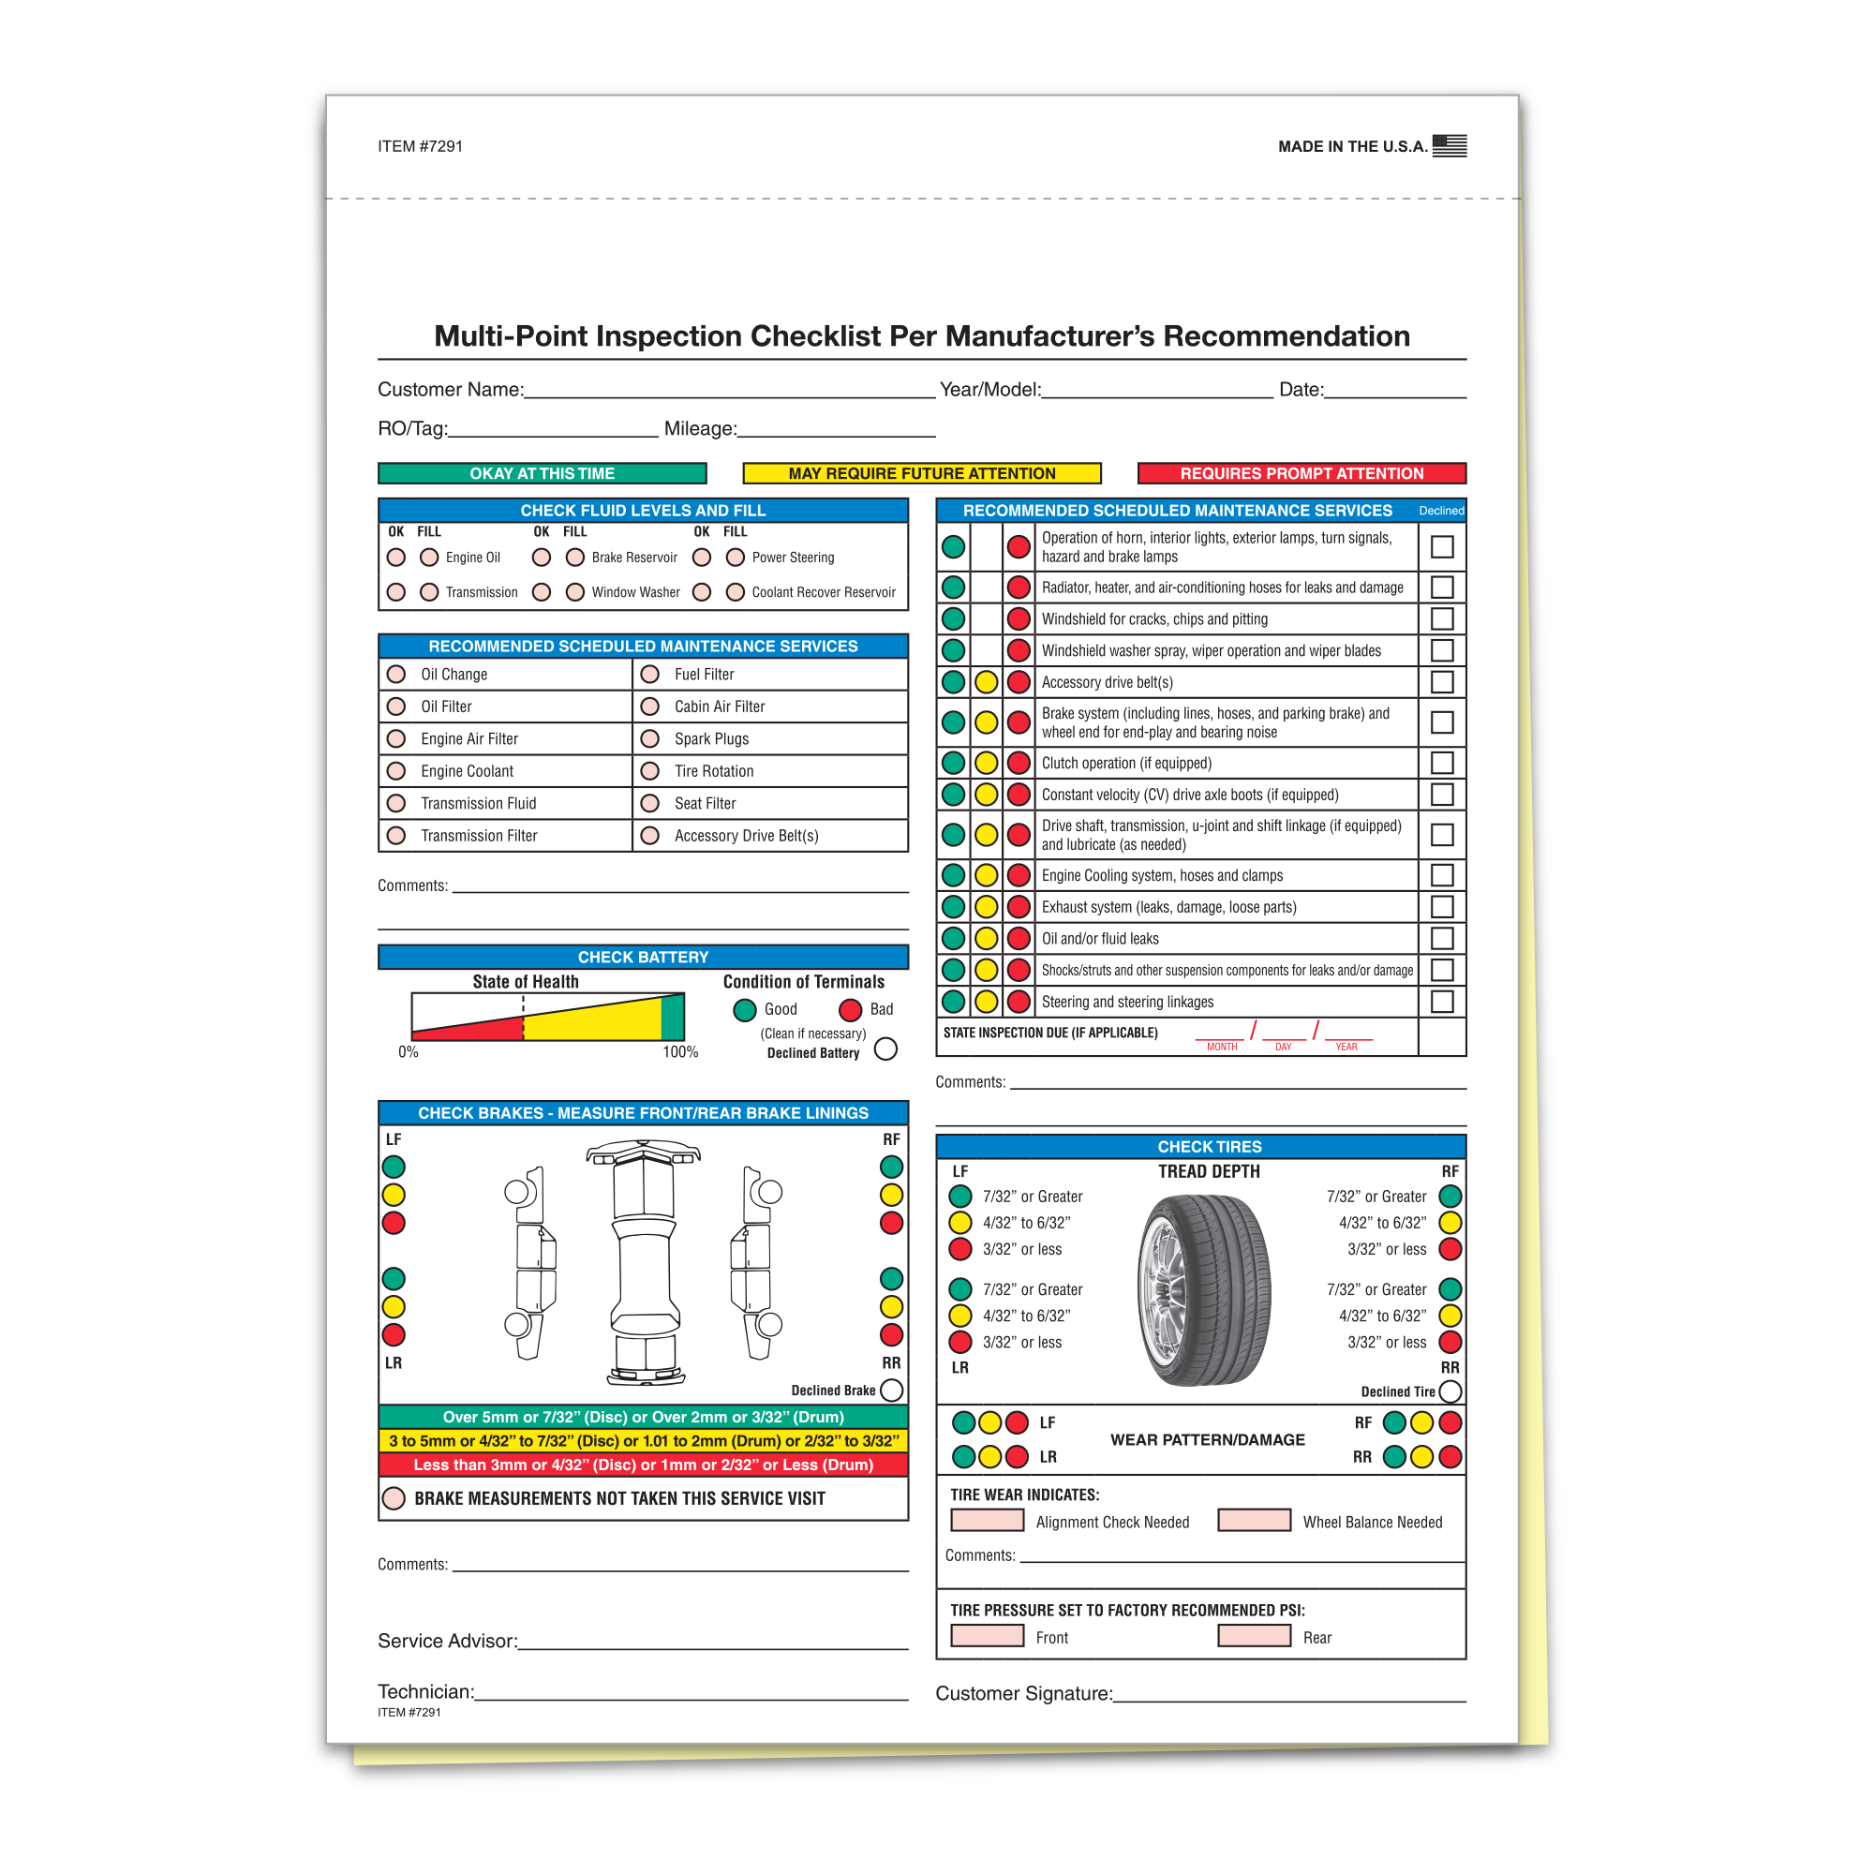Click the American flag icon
click(1450, 145)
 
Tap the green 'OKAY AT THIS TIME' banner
click(542, 473)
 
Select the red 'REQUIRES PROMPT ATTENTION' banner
click(1301, 473)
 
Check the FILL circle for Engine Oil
click(430, 558)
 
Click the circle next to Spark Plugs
click(650, 738)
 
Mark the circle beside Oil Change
click(395, 674)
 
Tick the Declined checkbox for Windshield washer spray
click(1441, 650)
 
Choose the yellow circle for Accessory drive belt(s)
click(986, 682)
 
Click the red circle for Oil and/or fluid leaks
click(1019, 938)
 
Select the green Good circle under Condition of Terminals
click(745, 1010)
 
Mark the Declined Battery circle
click(885, 1049)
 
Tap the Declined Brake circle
click(891, 1390)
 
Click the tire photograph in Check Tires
click(1204, 1290)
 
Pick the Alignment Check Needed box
click(988, 1520)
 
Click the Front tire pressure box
click(988, 1635)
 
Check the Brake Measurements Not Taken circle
click(394, 1498)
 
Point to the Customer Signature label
click(1023, 1693)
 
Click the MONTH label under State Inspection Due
click(1221, 1048)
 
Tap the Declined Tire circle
click(1450, 1392)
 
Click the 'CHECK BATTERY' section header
click(643, 958)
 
